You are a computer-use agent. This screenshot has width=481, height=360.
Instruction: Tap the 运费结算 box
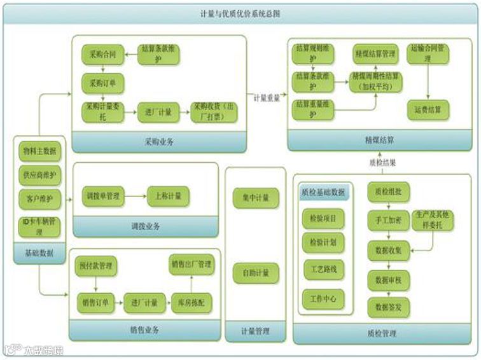428,109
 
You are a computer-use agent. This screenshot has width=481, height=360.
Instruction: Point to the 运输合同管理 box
428,53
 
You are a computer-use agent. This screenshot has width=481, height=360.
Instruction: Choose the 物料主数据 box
39,151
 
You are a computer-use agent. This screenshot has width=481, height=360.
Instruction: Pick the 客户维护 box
39,198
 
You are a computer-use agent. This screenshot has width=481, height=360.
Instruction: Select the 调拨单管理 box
103,196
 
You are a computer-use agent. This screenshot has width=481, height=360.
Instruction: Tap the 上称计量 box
169,196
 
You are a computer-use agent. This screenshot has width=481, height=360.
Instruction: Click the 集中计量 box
256,198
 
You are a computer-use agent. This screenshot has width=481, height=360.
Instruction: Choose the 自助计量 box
256,272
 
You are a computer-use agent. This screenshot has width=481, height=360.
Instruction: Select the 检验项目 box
324,219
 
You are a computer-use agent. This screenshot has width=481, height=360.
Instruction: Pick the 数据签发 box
388,307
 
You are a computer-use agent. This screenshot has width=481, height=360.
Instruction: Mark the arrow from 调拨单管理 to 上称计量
136,197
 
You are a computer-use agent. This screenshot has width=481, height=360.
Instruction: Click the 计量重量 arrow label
268,98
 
